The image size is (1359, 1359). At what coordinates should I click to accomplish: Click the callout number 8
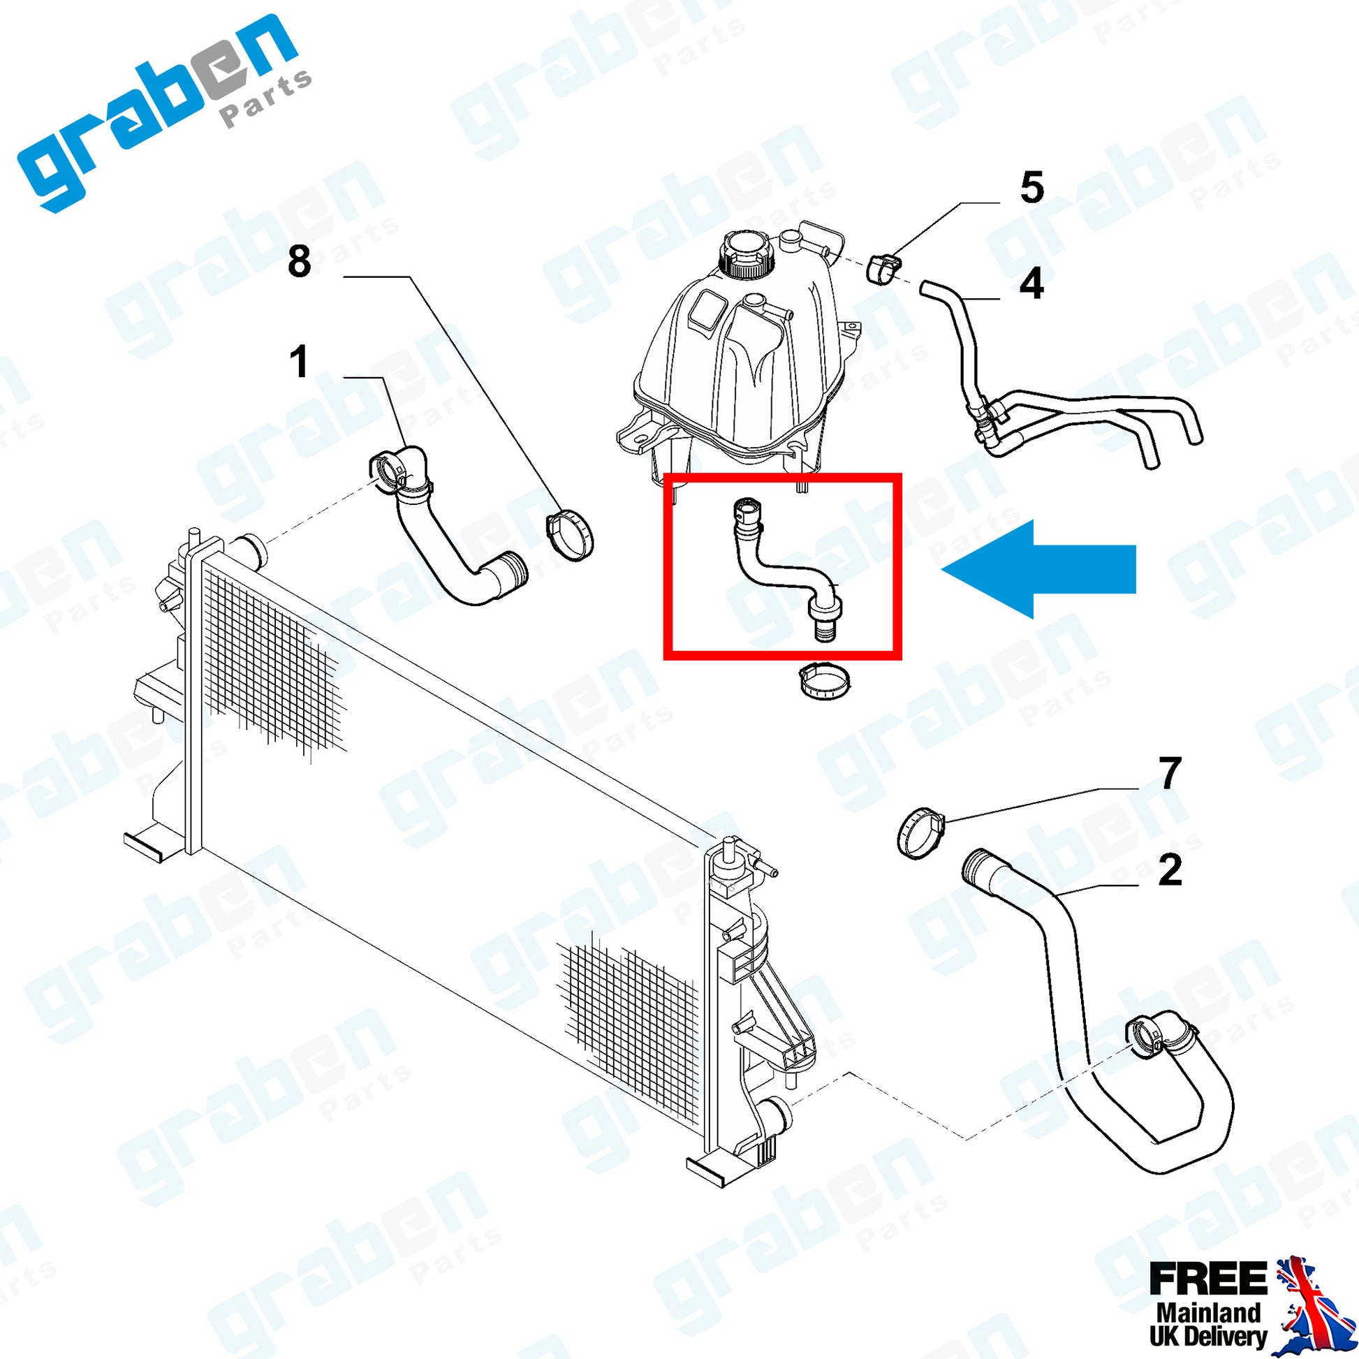pos(300,262)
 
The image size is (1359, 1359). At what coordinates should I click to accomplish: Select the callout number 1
pos(300,363)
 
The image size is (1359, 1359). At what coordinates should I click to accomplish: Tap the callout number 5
pos(1031,189)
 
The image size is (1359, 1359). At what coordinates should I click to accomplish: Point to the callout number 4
pos(1031,284)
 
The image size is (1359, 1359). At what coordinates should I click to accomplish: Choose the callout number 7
pos(1169,774)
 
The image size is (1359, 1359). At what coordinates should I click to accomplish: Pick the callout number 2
pos(1169,871)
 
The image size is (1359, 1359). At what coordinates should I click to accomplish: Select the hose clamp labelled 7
pos(920,834)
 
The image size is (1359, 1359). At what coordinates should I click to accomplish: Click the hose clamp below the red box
pos(823,681)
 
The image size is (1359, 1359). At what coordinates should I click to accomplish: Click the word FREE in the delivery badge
pos(1207,1279)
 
